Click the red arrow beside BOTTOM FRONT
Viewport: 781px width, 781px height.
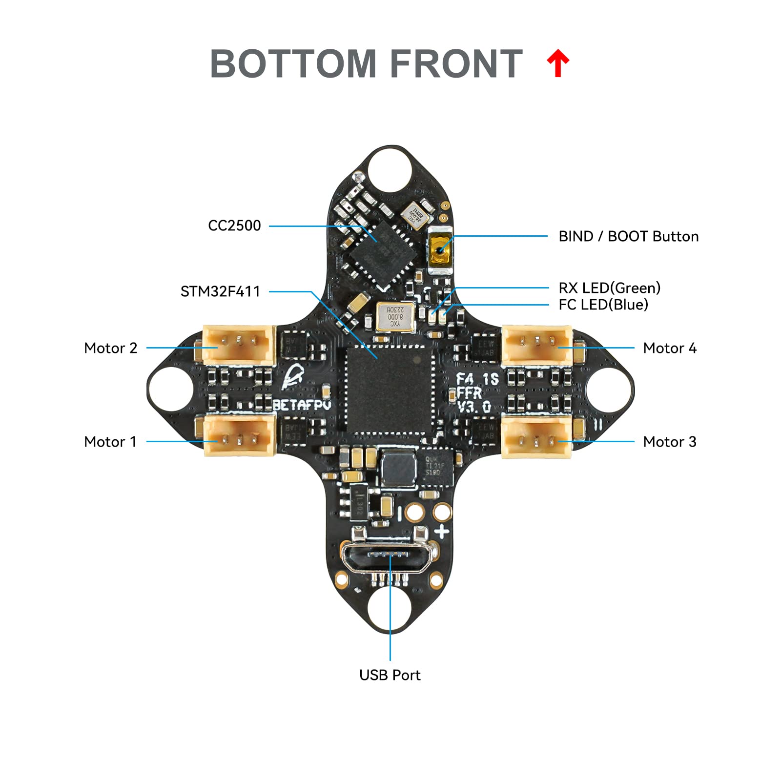[558, 64]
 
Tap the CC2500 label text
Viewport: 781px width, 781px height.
[234, 226]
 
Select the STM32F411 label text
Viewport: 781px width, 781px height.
[220, 291]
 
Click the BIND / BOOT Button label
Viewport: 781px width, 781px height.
[628, 236]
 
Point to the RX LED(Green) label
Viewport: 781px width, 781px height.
[609, 288]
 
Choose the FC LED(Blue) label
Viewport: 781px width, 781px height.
[603, 305]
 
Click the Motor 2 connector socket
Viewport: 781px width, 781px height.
[239, 345]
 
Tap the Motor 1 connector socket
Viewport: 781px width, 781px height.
[239, 435]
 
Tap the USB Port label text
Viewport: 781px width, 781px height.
[390, 675]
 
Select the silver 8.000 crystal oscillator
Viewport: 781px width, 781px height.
[395, 316]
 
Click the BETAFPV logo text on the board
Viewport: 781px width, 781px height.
[302, 405]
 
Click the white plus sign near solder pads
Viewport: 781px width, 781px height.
[442, 532]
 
